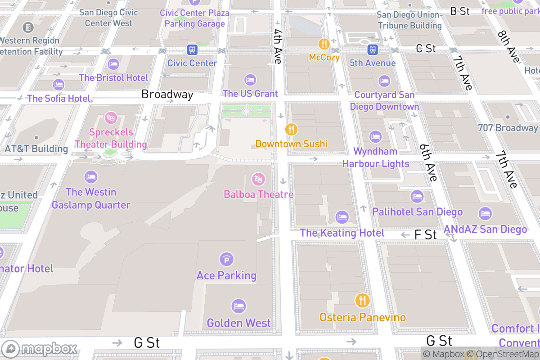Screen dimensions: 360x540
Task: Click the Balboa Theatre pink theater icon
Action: pos(258,179)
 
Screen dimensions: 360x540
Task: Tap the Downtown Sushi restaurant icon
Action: pos(292,129)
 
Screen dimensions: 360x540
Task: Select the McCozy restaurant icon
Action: pos(324,44)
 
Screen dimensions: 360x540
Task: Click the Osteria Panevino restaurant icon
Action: pos(362,300)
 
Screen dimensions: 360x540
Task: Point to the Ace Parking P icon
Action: pos(226,259)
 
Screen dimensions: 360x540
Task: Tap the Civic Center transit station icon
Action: pos(192,49)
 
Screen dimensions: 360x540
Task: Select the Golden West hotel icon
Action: pos(238,306)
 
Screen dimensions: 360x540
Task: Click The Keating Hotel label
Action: pos(342,233)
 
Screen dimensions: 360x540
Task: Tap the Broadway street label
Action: pos(167,94)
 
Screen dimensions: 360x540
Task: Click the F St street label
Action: pos(425,234)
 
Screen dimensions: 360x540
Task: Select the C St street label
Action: pos(426,48)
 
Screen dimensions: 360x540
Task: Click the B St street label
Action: pos(460,11)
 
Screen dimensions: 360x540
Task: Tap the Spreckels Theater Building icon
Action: pos(110,118)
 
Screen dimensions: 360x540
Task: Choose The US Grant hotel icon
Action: pos(250,80)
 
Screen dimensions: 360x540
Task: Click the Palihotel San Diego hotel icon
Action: pos(417,196)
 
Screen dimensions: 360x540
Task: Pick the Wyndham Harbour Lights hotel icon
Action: pos(375,136)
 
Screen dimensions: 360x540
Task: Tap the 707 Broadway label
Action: pos(508,128)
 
